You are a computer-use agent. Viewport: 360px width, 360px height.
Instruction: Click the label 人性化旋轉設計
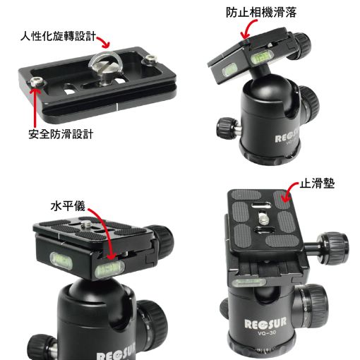click(x=58, y=36)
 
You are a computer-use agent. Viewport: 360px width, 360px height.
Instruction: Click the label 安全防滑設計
click(x=61, y=134)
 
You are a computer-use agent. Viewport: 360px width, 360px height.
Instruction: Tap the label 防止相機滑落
click(x=261, y=12)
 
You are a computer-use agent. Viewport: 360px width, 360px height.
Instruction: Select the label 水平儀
click(x=68, y=206)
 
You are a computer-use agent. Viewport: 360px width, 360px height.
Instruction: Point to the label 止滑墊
click(x=317, y=183)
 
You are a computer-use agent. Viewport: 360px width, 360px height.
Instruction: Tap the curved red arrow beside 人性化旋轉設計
click(x=104, y=42)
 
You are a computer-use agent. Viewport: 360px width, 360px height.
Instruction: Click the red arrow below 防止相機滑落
click(x=249, y=28)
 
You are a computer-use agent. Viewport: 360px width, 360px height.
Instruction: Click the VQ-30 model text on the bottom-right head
click(x=267, y=333)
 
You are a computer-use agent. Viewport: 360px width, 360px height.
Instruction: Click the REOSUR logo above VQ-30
click(x=265, y=323)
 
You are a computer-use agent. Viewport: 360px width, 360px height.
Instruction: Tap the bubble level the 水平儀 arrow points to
click(x=109, y=268)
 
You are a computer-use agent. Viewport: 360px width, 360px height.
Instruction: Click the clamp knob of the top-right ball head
click(x=301, y=44)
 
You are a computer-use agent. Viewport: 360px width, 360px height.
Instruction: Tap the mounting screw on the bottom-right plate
click(x=264, y=218)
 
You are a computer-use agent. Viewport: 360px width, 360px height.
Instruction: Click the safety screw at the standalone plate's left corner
click(x=37, y=83)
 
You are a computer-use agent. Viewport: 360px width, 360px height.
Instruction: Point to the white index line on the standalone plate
click(x=116, y=107)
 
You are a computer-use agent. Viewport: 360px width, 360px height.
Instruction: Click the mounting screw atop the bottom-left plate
click(x=85, y=225)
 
